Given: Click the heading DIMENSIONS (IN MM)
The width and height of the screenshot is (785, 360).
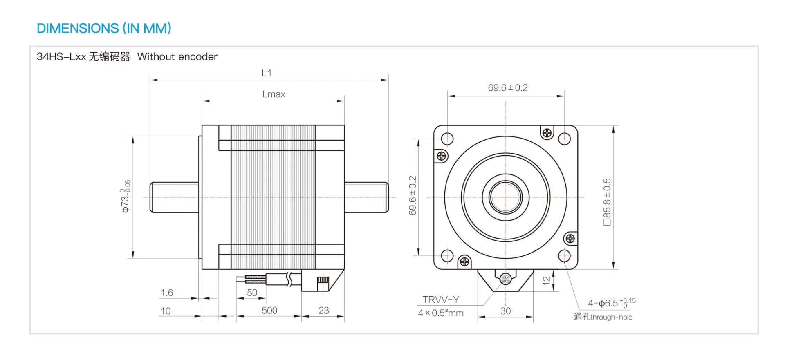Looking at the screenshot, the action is pos(104,28).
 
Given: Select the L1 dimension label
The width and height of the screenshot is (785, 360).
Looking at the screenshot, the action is pos(267,73).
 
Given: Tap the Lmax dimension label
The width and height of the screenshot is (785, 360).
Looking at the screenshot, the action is pos(274,94).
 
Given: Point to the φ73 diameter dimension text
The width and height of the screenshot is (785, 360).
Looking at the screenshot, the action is pos(126,196).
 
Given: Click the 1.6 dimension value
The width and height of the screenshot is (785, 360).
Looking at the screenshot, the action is pos(167,293).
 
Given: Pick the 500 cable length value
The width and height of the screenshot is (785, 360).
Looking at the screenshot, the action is pos(269,311).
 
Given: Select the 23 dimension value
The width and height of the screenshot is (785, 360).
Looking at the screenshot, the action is pos(323,311).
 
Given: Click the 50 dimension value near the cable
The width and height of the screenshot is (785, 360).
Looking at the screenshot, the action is pos(252,293).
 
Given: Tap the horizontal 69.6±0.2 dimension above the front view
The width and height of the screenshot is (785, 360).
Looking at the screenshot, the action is pos(508,88).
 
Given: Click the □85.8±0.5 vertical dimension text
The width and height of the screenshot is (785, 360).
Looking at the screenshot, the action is pos(607,202).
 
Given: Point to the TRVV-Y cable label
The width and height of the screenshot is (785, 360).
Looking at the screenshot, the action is pos(441,300).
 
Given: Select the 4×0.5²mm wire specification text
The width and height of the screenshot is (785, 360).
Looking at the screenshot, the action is pos(441,313).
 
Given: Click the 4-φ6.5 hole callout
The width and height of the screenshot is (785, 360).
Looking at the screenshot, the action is pos(612,303).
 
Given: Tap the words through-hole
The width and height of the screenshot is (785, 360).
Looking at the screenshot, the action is pos(611,317).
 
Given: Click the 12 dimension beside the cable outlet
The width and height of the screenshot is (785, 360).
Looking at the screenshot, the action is pos(547,281).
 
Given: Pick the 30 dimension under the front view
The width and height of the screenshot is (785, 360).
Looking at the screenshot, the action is pos(506,311).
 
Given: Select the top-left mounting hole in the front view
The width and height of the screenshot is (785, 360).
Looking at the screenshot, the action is pos(447,139).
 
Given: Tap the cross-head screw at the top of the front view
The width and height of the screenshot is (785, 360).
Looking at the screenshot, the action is pos(547,133).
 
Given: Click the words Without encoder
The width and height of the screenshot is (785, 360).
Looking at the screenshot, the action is pos(177,56).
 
